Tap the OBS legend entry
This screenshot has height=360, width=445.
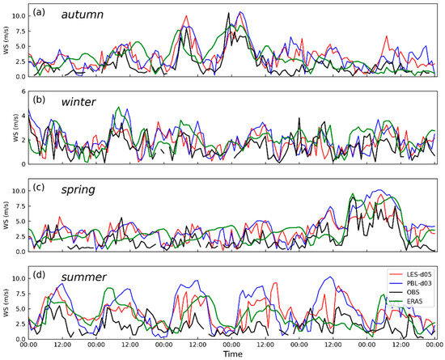(x=409, y=295)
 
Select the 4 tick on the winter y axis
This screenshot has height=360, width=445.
(x=23, y=116)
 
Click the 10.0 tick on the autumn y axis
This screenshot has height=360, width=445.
(x=19, y=15)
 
